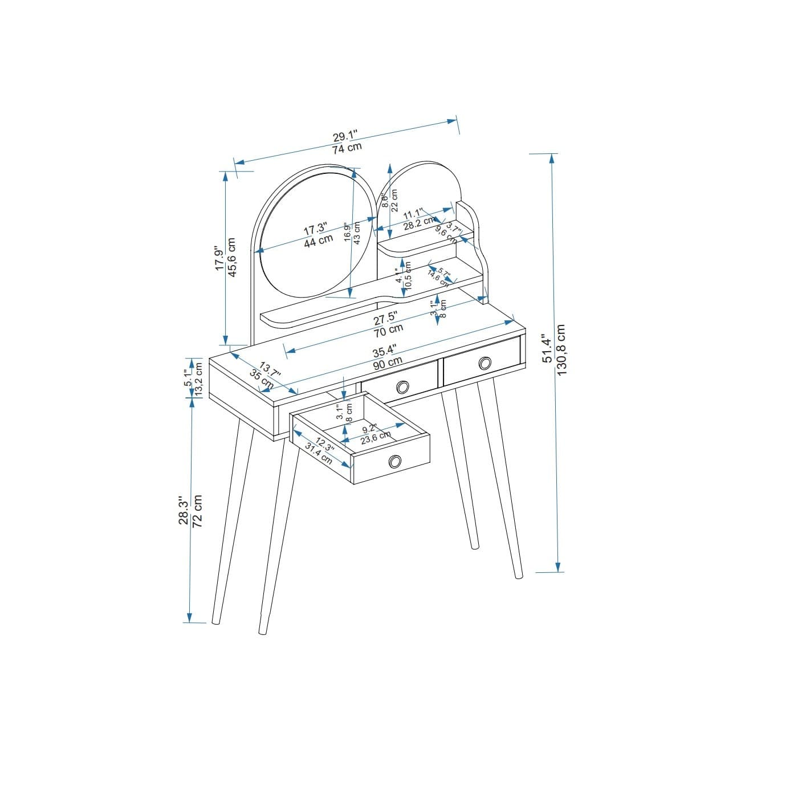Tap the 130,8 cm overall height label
point(561,349)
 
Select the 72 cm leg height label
point(197,511)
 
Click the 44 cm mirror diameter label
point(318,241)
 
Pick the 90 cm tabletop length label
point(388,363)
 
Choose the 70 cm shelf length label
point(388,330)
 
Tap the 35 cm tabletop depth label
point(262,378)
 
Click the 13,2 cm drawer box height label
point(199,379)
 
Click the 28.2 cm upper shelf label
point(420,224)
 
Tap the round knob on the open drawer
point(394,461)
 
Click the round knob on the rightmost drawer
point(484,363)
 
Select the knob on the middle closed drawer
point(402,387)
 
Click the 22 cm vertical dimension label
point(394,200)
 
